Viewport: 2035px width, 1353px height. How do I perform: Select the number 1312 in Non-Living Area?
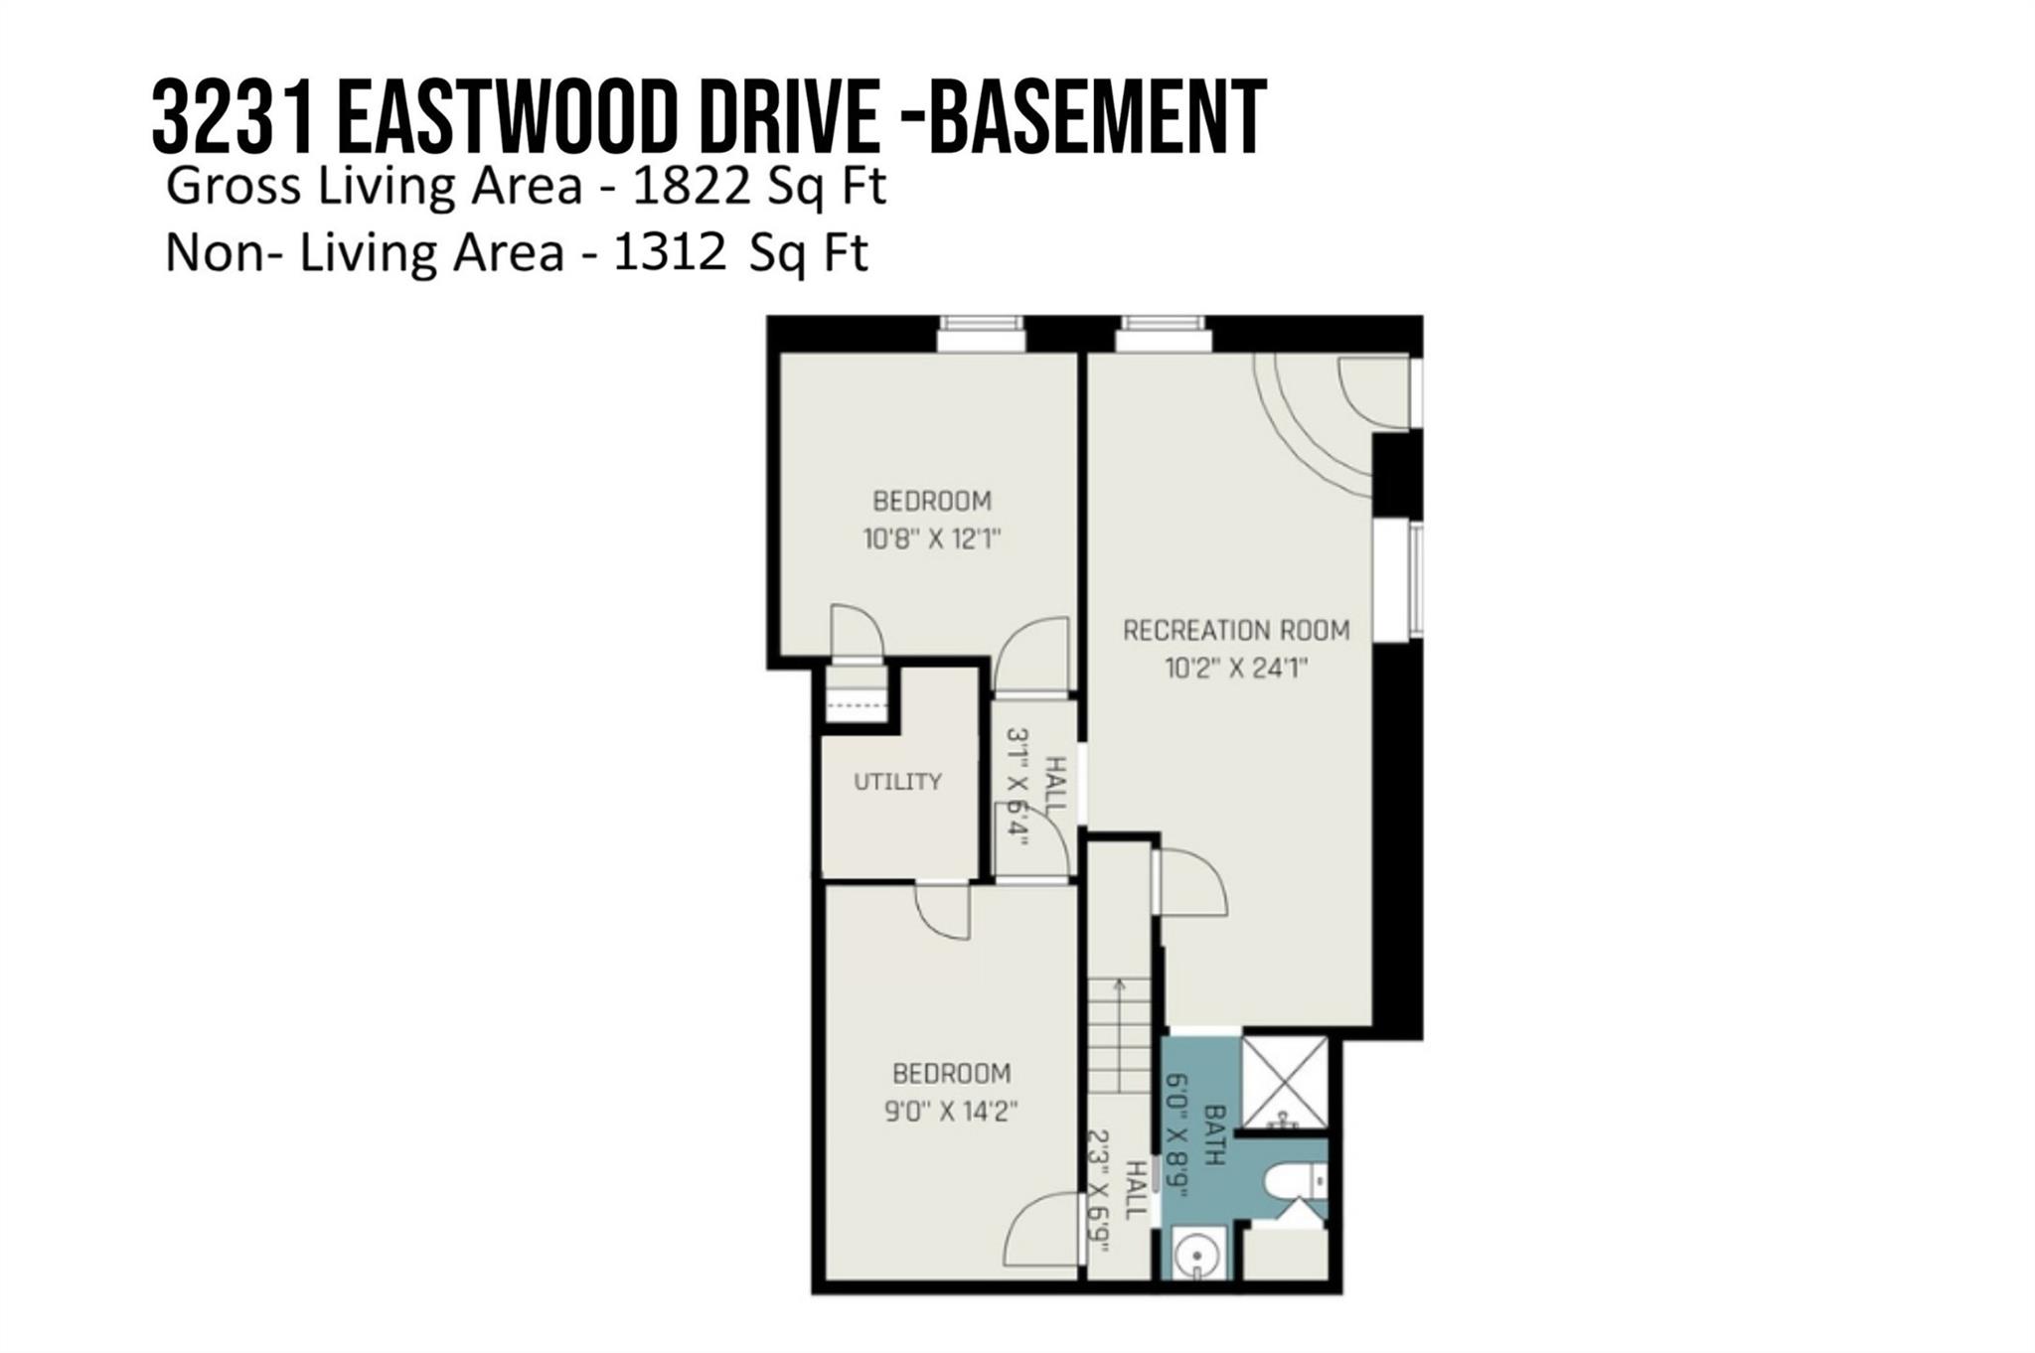[x=670, y=252]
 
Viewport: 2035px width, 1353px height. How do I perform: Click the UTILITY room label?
[x=897, y=782]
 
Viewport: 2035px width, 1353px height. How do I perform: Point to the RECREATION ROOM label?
[x=1236, y=630]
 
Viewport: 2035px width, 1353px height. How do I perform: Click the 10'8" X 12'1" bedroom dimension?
[x=931, y=539]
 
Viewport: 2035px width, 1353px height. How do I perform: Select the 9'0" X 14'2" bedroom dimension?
[x=951, y=1111]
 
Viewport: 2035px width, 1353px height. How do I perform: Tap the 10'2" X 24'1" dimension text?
[x=1236, y=668]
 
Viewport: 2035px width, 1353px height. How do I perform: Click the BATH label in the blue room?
[x=1215, y=1134]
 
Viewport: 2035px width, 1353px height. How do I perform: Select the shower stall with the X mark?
[x=1285, y=1084]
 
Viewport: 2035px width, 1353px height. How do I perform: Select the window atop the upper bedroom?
[x=982, y=333]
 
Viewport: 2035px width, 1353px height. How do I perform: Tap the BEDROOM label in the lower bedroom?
[x=952, y=1073]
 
